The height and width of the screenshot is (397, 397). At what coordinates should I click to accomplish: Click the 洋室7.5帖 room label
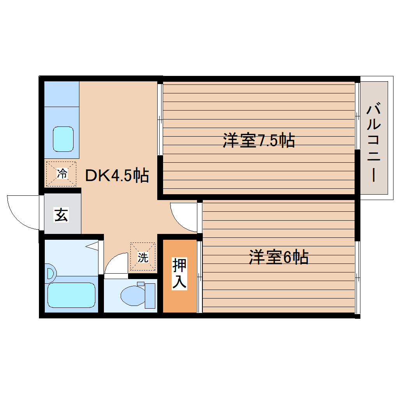tap(258, 140)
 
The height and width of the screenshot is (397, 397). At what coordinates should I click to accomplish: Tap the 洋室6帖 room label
tap(279, 257)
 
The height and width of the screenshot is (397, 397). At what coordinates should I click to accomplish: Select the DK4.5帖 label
tap(117, 176)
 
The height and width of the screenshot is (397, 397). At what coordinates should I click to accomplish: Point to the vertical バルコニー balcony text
tap(374, 142)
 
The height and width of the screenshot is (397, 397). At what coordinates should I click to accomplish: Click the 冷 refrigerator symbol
tap(61, 174)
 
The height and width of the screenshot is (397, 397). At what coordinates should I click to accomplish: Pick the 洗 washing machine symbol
tap(143, 256)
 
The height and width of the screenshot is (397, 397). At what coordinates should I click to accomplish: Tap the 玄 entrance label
tap(61, 214)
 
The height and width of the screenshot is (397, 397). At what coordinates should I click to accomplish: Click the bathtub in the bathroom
tap(71, 295)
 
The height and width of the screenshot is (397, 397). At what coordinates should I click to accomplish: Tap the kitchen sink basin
tap(63, 139)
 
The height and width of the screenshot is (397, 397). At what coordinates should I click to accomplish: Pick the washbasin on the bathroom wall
tap(50, 272)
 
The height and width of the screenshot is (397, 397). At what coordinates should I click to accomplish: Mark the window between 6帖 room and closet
tap(199, 276)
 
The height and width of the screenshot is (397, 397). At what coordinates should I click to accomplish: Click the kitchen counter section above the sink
tap(61, 93)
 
